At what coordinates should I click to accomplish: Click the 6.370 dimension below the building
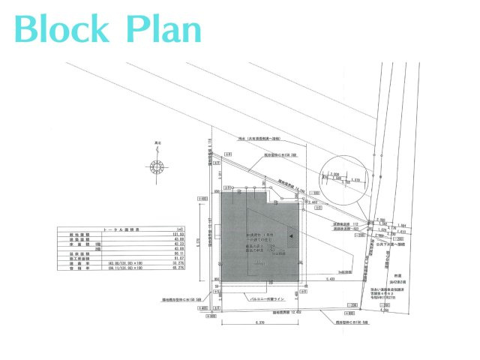[x=260, y=322]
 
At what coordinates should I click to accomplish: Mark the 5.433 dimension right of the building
[x=329, y=279]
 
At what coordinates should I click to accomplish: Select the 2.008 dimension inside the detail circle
[x=335, y=173]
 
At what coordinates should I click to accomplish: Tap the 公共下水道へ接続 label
[x=410, y=244]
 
